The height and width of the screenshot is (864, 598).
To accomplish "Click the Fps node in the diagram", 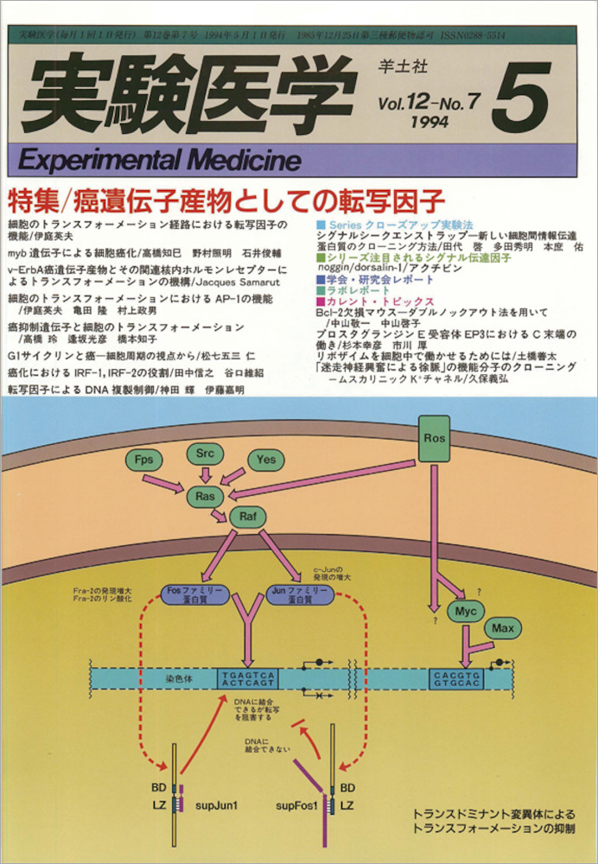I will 144,459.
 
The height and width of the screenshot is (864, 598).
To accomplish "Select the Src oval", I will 204,453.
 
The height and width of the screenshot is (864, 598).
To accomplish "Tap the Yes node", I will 265,460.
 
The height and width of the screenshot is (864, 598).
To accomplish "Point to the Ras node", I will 205,496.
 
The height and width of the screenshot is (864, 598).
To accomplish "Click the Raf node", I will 244,518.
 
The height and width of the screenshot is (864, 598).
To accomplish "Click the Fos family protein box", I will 194,594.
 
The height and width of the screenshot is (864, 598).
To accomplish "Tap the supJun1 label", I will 219,805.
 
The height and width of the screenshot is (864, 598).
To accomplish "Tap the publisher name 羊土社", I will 398,63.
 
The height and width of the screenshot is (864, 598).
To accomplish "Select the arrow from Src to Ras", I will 205,474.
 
